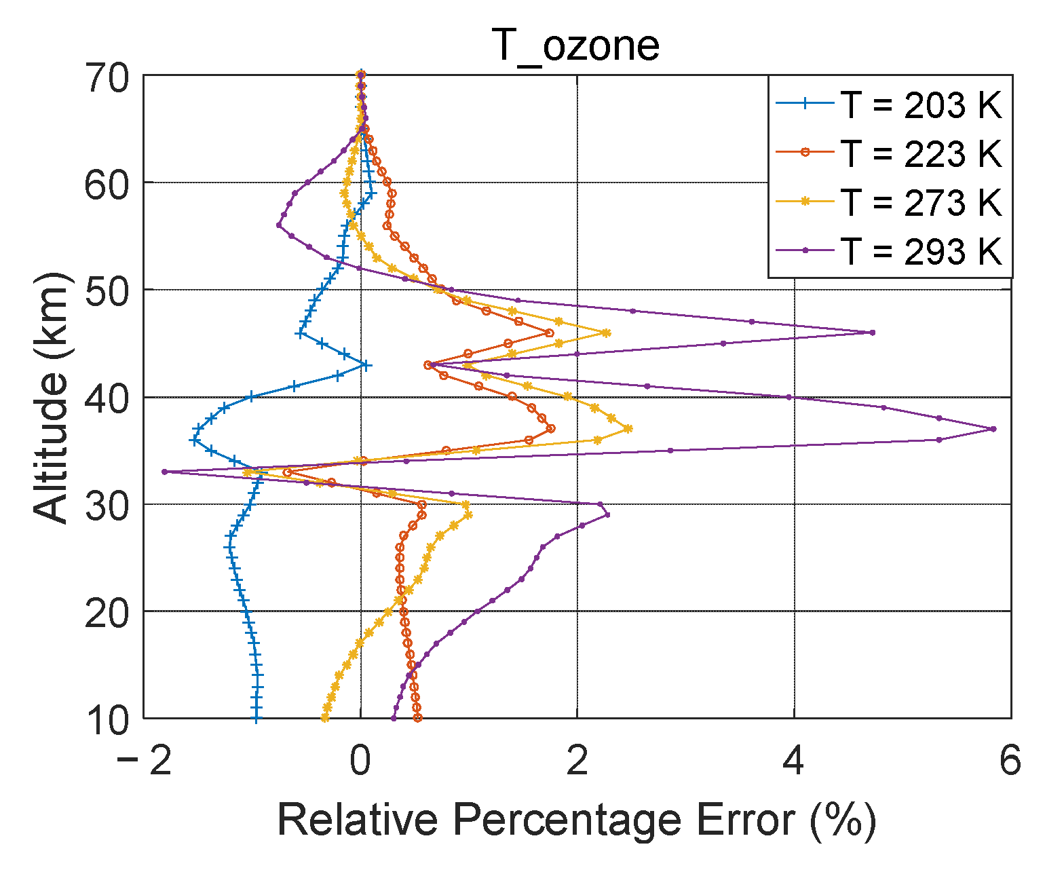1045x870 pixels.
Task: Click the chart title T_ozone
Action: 575,45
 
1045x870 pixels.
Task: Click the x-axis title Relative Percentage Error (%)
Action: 577,820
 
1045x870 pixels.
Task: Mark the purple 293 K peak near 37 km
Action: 993,429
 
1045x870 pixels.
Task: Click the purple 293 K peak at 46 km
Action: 873,333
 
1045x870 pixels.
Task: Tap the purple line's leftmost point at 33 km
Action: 164,472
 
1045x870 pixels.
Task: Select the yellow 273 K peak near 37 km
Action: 628,428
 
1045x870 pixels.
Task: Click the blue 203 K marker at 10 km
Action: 256,718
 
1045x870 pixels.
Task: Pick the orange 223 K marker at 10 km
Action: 417,718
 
